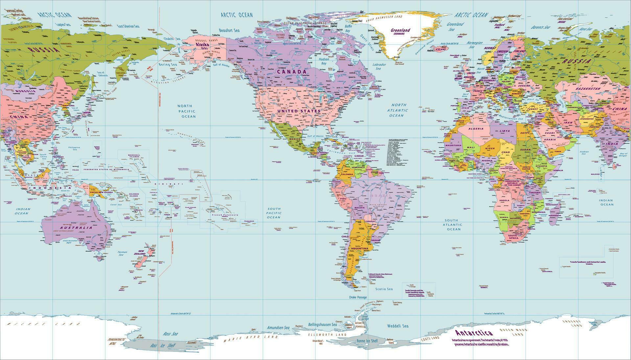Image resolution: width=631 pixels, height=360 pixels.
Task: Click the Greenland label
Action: coord(400,30)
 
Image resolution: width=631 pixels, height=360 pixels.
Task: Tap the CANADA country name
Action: coord(291,71)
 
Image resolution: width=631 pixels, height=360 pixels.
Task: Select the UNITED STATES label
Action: coord(298,111)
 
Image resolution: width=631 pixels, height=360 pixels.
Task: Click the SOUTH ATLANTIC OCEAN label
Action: coord(454,225)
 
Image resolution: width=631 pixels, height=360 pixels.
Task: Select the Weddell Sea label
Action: coord(398,326)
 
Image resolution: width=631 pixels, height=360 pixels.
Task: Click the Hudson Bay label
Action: coord(324,61)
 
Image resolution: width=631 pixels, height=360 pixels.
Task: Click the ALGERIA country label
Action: coord(476,129)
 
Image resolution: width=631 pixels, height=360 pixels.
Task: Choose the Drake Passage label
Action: coord(358,297)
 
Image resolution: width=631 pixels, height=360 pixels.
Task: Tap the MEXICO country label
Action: coord(295,139)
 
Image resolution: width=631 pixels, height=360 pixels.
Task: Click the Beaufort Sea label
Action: coord(229,30)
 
